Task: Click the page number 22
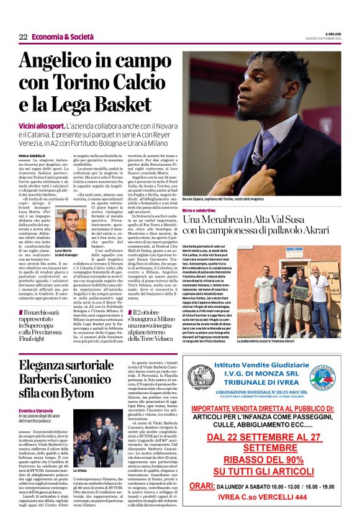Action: [x=23, y=37]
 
